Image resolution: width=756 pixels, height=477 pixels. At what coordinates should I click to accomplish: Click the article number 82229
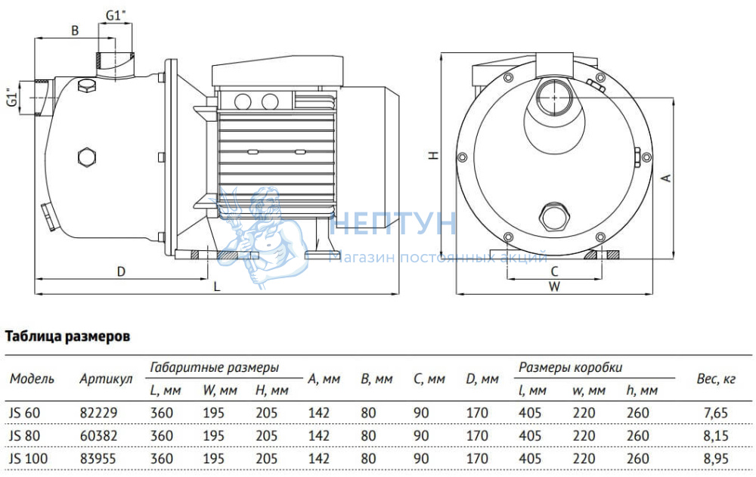[x=98, y=413]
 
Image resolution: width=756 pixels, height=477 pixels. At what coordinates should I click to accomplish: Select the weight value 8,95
[x=715, y=458]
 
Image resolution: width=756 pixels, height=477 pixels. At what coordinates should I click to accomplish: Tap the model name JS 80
[x=25, y=435]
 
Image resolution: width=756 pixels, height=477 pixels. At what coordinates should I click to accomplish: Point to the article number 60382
[x=98, y=435]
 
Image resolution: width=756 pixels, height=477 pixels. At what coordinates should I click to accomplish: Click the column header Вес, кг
[x=716, y=379]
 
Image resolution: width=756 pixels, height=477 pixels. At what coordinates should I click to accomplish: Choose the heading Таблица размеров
[x=67, y=336]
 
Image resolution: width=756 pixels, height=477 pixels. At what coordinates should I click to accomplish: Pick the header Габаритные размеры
[x=215, y=367]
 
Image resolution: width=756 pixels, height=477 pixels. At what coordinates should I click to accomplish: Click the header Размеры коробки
[x=570, y=367]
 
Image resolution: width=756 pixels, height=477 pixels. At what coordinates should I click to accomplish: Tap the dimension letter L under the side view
[x=217, y=287]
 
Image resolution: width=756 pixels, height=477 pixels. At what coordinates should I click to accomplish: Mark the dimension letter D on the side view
[x=121, y=271]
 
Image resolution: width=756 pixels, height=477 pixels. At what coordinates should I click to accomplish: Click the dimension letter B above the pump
[x=75, y=30]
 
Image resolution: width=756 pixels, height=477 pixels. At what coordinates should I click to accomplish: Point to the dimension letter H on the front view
[x=435, y=155]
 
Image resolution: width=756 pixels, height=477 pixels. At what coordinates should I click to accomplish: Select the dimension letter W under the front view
[x=554, y=287]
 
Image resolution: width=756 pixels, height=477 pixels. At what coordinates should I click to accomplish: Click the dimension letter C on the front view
[x=554, y=271]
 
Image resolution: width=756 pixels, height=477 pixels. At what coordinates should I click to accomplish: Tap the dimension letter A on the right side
[x=666, y=178]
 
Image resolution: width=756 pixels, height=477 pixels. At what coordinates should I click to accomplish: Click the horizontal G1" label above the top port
[x=115, y=15]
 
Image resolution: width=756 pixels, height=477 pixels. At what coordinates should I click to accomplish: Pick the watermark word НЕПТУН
[x=393, y=223]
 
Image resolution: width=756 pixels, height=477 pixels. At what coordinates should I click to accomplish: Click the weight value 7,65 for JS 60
[x=715, y=413]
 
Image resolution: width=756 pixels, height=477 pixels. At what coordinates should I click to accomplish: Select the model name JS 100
[x=29, y=458]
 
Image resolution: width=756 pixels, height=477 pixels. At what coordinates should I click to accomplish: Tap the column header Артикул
[x=106, y=379]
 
